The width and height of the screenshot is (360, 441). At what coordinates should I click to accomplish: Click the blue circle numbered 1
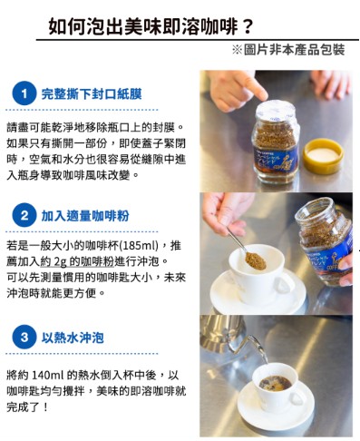(24, 93)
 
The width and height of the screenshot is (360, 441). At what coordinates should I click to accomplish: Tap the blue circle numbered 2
(24, 215)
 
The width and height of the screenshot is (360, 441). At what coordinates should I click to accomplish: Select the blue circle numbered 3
(24, 337)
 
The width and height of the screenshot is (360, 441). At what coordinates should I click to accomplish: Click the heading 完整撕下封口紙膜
(92, 93)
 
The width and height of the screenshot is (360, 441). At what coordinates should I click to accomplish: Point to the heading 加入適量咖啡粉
(85, 216)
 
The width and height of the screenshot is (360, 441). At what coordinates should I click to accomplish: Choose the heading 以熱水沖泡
(73, 338)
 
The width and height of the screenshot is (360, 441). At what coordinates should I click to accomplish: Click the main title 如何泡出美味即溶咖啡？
(151, 26)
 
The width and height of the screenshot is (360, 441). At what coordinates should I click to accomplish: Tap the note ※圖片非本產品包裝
(288, 50)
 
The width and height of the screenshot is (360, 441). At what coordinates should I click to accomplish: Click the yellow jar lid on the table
(323, 155)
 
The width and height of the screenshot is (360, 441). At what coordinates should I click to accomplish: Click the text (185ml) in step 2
(140, 245)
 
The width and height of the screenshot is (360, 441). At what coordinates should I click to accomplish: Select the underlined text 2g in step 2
(61, 261)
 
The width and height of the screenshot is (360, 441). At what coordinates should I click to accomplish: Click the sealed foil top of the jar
(276, 111)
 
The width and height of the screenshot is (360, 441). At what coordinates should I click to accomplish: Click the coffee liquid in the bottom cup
(276, 383)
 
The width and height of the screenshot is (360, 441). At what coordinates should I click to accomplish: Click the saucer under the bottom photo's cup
(276, 407)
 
